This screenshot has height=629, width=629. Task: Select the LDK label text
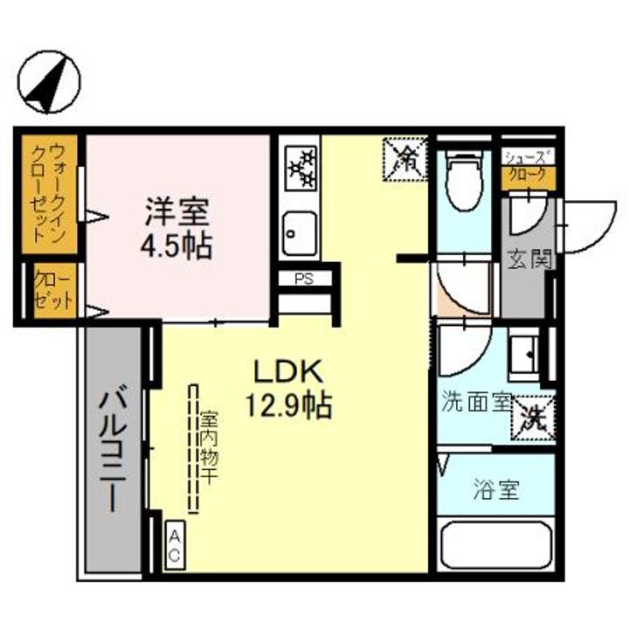click(289, 371)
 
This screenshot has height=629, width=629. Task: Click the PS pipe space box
click(303, 280)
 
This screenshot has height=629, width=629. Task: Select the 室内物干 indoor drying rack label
click(209, 449)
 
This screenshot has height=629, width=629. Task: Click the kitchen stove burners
click(302, 167)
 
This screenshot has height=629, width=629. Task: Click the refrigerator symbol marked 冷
click(405, 158)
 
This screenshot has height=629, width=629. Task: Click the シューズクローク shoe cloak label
click(529, 167)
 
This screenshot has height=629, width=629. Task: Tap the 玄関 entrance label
click(529, 259)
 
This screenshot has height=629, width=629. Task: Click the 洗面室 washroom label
click(475, 403)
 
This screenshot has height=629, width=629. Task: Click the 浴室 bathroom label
click(497, 490)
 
